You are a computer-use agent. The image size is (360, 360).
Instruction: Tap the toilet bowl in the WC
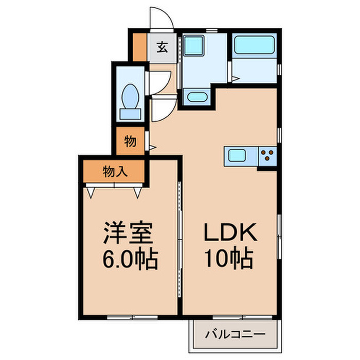coord(131,95)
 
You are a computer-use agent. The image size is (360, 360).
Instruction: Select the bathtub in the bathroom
coord(254,47)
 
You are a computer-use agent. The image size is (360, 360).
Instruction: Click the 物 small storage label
coord(130,141)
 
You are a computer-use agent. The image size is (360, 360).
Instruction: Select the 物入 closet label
coord(115,171)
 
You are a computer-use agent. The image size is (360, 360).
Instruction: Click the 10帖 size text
coord(230,258)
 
